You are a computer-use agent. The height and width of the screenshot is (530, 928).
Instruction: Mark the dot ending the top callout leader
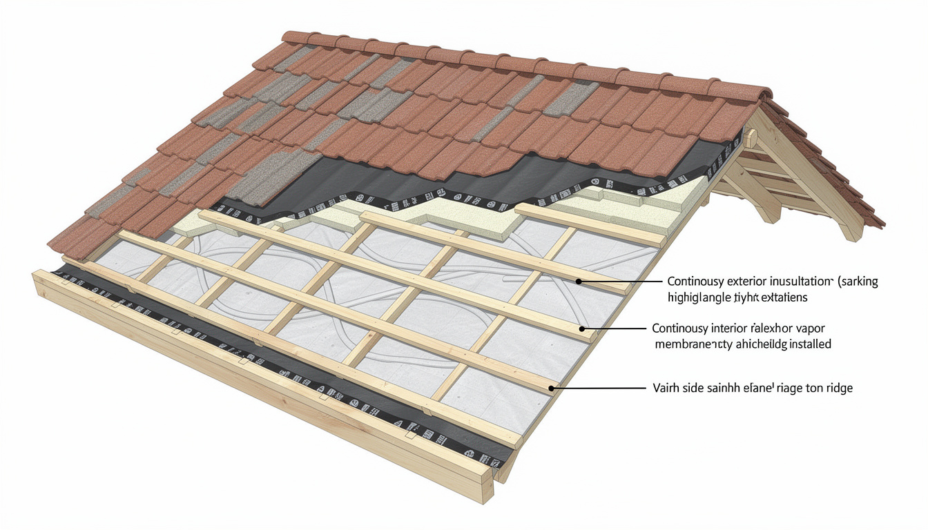581,282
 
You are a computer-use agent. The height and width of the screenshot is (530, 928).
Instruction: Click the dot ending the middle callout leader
583,329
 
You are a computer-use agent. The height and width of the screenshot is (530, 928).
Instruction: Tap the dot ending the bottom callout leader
550,389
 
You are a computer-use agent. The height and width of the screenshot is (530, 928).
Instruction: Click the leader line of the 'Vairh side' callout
601,389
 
